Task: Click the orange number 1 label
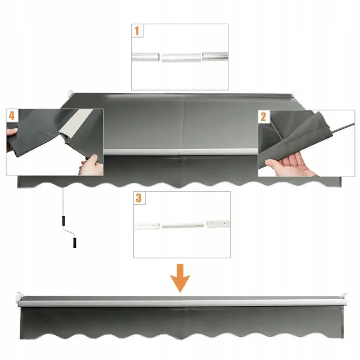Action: [x=137, y=30]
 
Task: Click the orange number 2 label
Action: [x=263, y=116]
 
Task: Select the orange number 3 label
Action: [x=139, y=198]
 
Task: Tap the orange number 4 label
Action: [x=12, y=115]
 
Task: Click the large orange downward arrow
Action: [x=180, y=278]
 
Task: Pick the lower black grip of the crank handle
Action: [x=75, y=242]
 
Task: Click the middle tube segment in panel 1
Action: [x=181, y=57]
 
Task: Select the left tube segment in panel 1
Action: [x=145, y=57]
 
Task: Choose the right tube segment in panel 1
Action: [x=215, y=56]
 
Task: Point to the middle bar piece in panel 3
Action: [x=182, y=226]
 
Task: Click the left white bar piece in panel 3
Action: [x=146, y=226]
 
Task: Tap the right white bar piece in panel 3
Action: [x=218, y=224]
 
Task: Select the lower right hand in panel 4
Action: [x=91, y=166]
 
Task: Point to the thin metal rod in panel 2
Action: [x=343, y=128]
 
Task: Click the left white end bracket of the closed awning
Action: [x=19, y=299]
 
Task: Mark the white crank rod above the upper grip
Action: [x=62, y=201]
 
